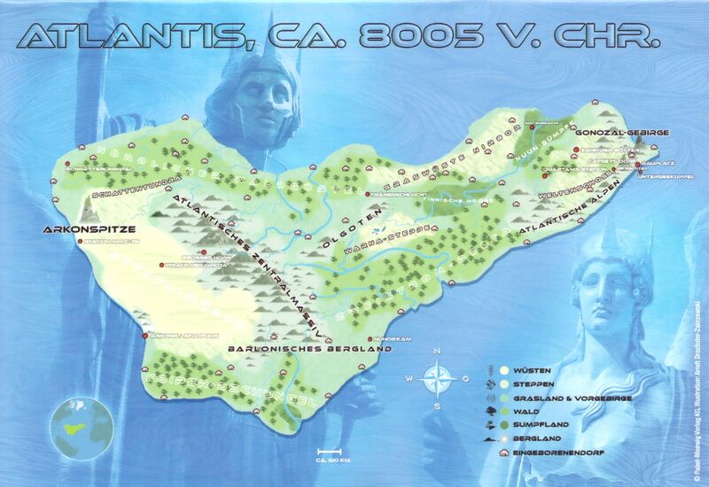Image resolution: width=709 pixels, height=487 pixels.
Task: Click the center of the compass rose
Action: [x=435, y=379]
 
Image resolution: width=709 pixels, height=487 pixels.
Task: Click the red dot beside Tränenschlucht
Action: [x=368, y=194]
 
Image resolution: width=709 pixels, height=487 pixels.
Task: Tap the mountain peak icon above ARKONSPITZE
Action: [x=88, y=208]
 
